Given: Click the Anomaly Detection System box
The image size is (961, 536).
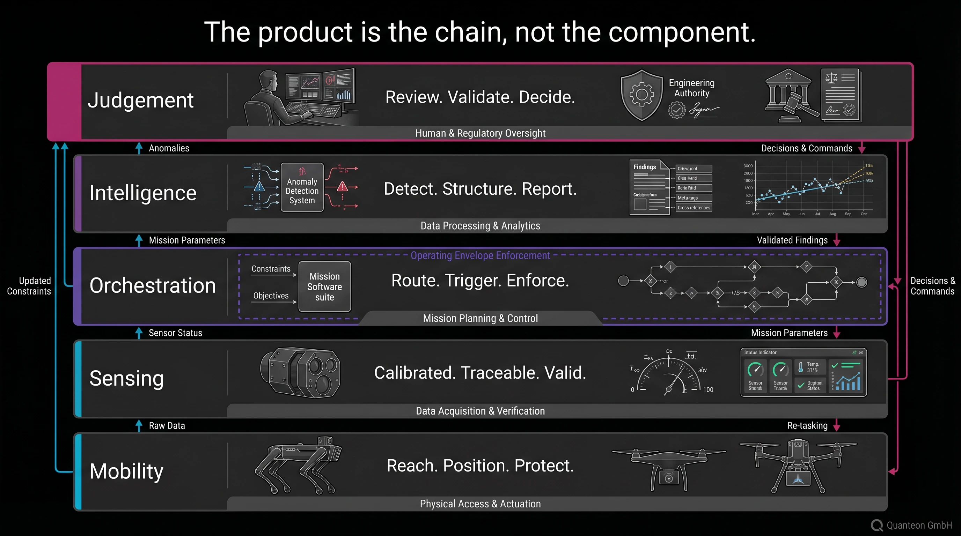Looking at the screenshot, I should pos(302,187).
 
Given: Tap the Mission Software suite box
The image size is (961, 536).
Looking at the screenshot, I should pos(324,286).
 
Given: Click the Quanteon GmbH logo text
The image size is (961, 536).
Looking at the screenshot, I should pos(919,525).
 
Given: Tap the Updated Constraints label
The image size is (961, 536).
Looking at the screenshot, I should pos(29,286).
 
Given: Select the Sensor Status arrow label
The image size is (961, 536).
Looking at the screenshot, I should pos(175,333).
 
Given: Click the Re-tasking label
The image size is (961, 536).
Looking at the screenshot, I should pos(807,426).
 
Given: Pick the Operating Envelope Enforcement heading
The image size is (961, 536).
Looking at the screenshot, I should pos(480,255).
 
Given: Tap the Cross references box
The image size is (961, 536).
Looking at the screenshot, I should pos(694,208).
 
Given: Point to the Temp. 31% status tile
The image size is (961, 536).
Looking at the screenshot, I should pos(810,367).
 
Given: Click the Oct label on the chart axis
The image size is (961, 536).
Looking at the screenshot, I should pos(863,214).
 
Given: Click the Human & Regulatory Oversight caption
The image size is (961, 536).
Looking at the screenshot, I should pos(480,133).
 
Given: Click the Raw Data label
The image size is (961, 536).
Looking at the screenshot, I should pos(167,426).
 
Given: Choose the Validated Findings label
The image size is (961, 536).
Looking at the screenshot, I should pos(792,240).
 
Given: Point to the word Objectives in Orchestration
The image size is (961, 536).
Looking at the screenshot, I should pos(271,296).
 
